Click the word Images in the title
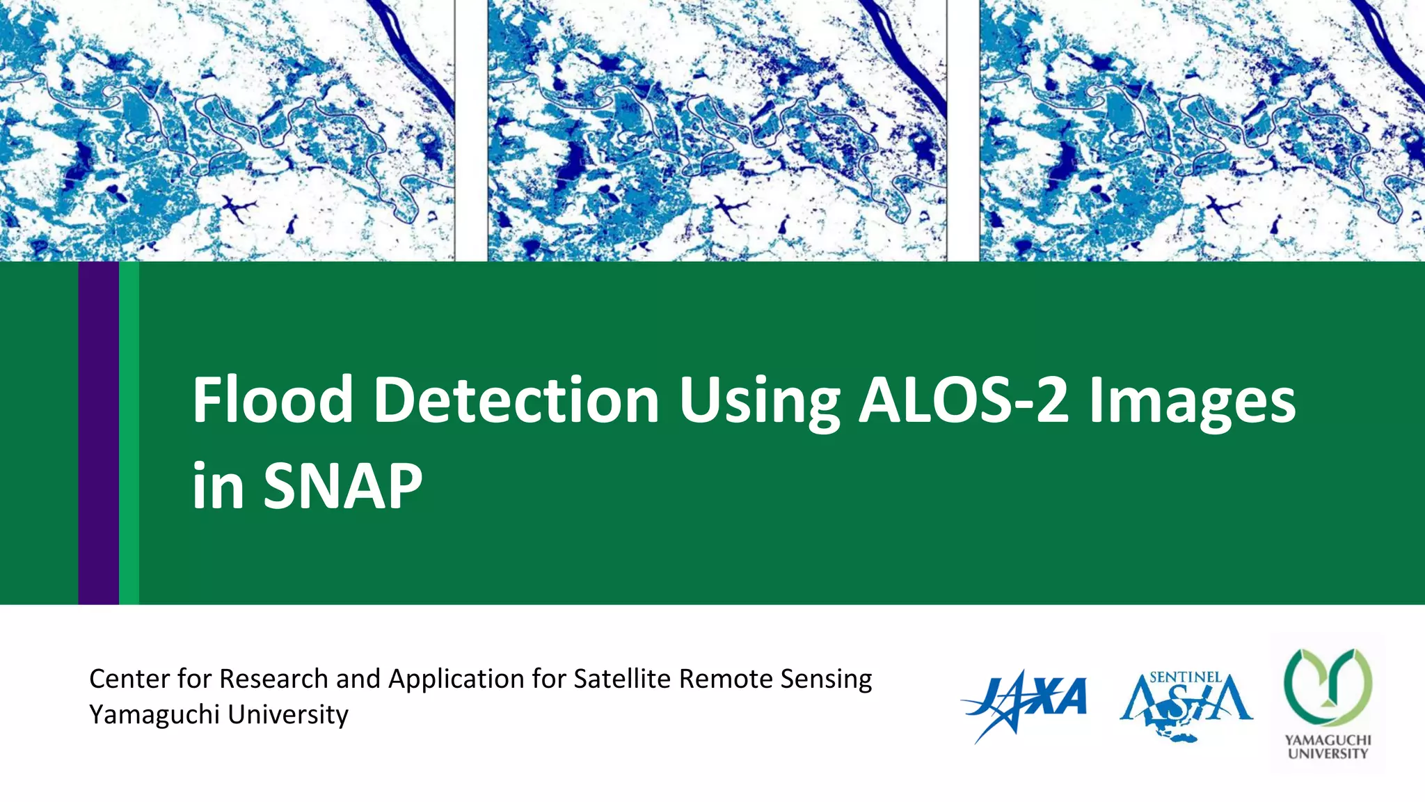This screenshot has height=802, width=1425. pyautogui.click(x=1191, y=401)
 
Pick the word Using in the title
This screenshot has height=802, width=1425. pyautogui.click(x=759, y=401)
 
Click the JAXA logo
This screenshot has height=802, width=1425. pyautogui.click(x=1024, y=703)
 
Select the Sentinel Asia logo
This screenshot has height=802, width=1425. pyautogui.click(x=1186, y=705)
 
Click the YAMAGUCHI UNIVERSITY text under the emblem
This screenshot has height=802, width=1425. pyautogui.click(x=1327, y=747)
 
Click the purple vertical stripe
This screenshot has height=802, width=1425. pyautogui.click(x=98, y=432)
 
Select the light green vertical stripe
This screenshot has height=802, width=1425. pyautogui.click(x=129, y=432)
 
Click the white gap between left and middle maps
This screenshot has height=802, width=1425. pyautogui.click(x=471, y=130)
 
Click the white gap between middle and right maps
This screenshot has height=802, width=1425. pyautogui.click(x=963, y=130)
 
